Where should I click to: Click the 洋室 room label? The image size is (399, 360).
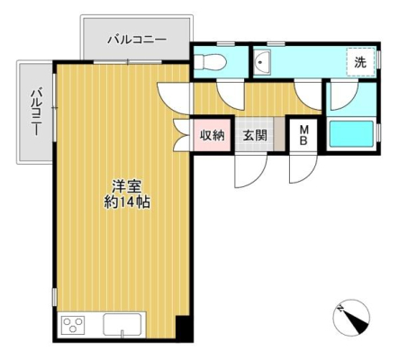[x=125, y=186]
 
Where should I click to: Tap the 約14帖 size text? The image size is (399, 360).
[x=125, y=202]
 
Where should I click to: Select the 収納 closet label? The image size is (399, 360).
[x=213, y=137]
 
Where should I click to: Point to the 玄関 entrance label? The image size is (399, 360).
[x=254, y=137]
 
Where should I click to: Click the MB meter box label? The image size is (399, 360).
[x=304, y=136]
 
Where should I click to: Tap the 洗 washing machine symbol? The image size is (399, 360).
[x=359, y=62]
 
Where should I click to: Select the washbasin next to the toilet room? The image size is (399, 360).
[x=264, y=61]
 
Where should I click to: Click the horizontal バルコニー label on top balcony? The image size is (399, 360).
[x=137, y=39]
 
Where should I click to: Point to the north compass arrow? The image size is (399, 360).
[x=349, y=314]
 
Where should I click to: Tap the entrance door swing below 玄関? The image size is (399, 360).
[x=249, y=166]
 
